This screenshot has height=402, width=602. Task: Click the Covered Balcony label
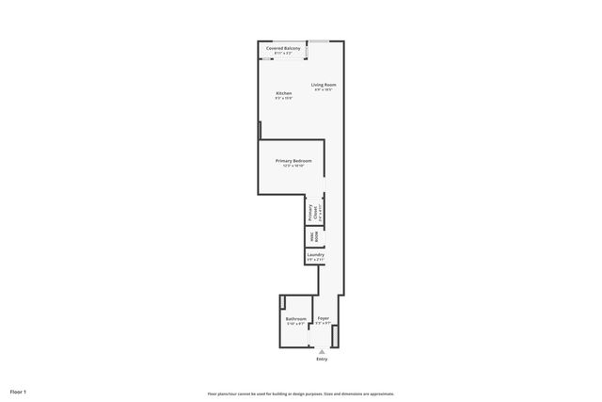283,47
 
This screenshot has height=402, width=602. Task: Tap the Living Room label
325,86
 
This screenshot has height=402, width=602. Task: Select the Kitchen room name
283,93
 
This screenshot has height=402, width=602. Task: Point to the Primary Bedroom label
293,161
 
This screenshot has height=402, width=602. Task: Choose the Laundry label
315,254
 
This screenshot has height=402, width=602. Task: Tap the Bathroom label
295,319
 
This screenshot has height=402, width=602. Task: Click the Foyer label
323,319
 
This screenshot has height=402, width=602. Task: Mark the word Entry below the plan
322,360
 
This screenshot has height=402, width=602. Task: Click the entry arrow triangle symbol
322,351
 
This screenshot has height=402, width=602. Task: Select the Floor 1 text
19,391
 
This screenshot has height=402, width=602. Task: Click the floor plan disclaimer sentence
300,394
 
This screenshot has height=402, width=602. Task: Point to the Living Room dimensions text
325,90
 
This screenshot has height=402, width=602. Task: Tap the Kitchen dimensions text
283,98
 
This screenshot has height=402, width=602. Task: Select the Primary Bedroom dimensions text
293,166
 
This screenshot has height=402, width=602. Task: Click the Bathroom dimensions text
295,324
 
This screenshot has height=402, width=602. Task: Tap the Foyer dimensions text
323,324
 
